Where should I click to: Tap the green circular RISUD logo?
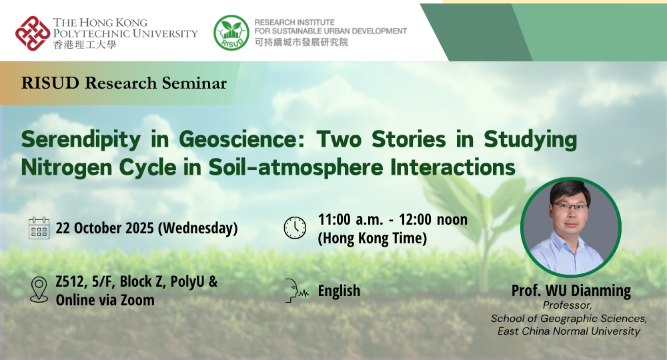(x=231, y=33)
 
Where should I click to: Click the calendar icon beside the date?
(x=39, y=228)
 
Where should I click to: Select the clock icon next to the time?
(x=295, y=227)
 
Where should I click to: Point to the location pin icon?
(x=39, y=290)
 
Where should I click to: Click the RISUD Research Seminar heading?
(x=124, y=83)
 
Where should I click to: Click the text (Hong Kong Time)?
(x=372, y=238)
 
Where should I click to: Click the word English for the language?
(x=339, y=291)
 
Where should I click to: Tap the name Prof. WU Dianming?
(x=571, y=291)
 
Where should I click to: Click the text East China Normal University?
(x=569, y=331)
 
